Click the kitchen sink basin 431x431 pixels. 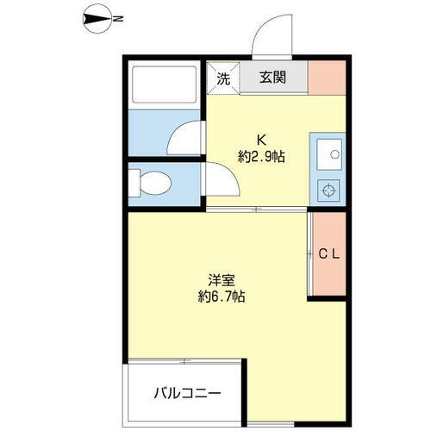328,156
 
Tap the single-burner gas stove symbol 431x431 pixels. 328,191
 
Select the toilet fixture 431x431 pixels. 152,184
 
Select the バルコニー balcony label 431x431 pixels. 187,394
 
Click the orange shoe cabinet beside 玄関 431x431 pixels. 327,77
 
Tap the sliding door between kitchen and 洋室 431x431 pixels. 255,209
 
